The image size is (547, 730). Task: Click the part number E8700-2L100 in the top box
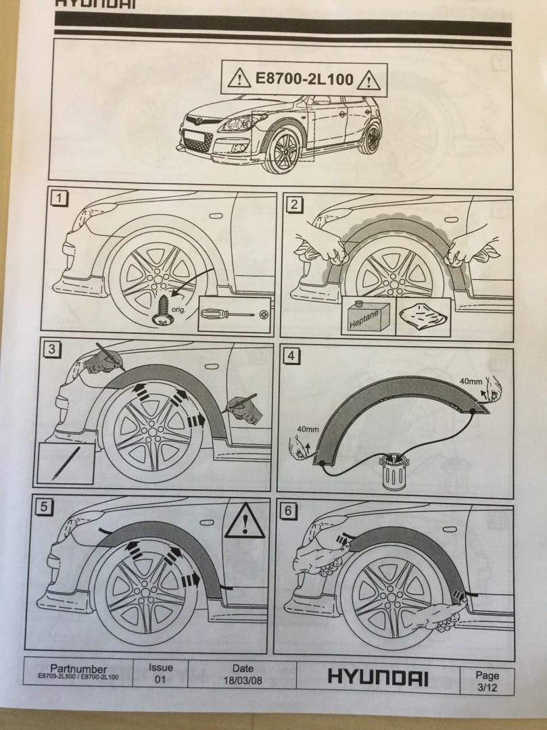coord(304,78)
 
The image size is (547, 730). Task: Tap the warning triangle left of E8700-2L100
coord(239,79)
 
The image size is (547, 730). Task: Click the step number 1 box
coord(59,198)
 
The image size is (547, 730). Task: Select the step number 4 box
coord(291,356)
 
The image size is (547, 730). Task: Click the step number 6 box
coord(288,511)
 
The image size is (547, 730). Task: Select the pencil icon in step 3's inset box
coord(66,464)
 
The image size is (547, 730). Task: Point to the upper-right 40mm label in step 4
coord(471,381)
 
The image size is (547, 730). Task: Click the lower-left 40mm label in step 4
coord(308,429)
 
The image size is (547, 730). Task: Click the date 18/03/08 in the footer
coord(243,680)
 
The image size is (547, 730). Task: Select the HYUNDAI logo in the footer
coord(377,677)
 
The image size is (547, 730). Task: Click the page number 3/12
coord(487,687)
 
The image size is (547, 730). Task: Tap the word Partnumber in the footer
coord(78,669)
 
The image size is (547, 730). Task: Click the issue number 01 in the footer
coord(160,679)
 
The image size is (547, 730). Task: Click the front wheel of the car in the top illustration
coord(282,150)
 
